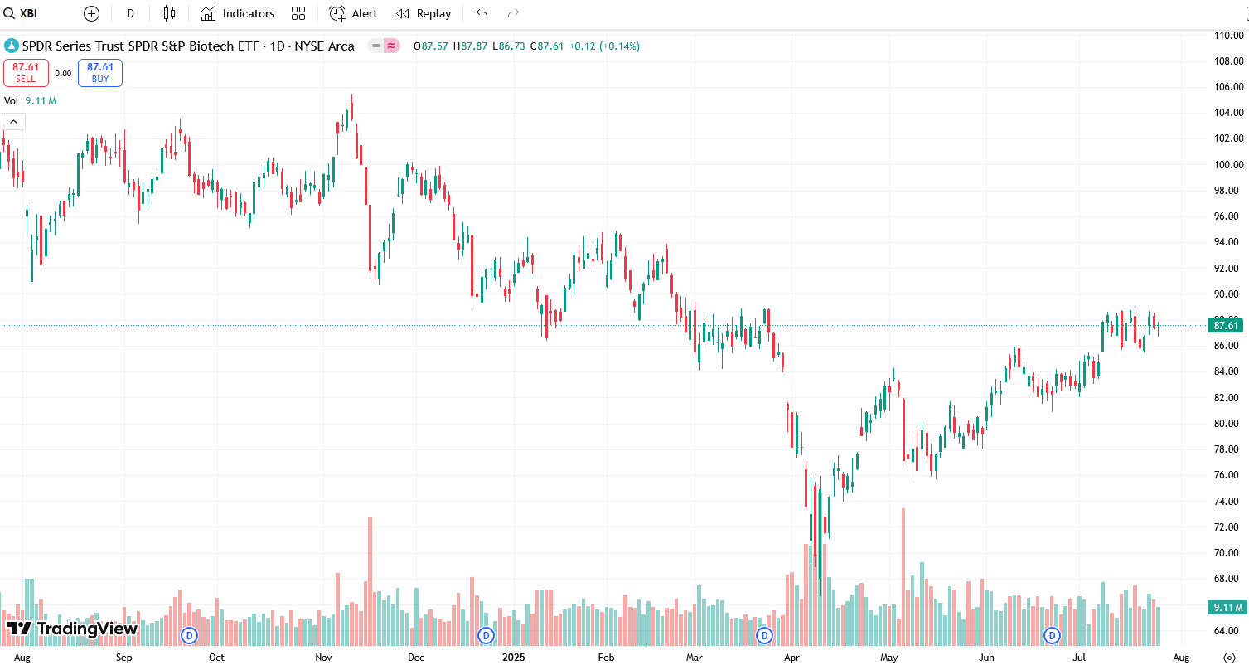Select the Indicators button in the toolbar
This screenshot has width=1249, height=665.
pos(238,13)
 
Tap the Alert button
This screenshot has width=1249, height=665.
pos(354,13)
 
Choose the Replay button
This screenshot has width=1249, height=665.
pos(424,13)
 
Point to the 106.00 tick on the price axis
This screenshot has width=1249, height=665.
pos(1227,87)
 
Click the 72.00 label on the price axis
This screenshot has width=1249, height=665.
pos(1227,527)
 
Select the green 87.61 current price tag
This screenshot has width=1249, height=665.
pos(1226,325)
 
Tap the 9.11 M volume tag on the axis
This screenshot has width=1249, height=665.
pos(1227,608)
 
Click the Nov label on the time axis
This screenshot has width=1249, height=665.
pos(323,658)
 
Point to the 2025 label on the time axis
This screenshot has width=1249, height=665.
pos(514,658)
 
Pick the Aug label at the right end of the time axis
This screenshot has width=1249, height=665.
pos(1182,658)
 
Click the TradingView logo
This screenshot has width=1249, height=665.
pos(72,629)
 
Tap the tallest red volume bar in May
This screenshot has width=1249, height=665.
pos(903,572)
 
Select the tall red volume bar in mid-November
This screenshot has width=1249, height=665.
pos(370,580)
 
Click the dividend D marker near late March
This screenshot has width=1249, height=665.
pos(764,636)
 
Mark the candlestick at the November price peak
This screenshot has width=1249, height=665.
pos(352,108)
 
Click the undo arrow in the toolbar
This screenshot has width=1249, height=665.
pos(482,13)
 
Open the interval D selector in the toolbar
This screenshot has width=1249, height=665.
pos(130,13)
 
